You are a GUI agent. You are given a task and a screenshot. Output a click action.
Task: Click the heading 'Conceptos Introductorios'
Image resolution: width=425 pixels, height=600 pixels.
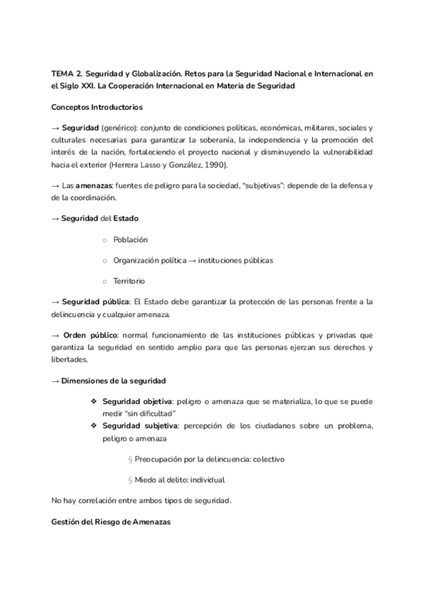point(97,108)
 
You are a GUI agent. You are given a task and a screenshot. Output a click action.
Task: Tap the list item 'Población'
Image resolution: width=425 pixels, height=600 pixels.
point(130,239)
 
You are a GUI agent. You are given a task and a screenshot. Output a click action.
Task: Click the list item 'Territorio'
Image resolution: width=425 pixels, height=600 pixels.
point(129,281)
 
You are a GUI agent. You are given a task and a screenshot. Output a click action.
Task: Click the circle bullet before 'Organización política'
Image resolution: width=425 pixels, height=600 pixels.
point(104,260)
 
